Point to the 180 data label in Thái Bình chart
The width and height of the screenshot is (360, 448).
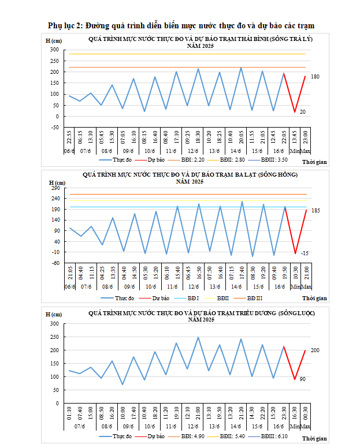315,77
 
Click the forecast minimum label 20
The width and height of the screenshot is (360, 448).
302,111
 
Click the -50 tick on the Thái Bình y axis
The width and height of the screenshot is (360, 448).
55,128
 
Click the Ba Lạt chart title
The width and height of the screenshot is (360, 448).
191,177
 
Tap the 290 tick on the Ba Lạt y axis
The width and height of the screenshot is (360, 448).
55,188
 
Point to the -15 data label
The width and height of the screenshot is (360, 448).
305,253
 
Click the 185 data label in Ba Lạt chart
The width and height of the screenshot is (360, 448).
316,211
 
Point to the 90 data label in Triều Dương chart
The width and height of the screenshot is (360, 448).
302,379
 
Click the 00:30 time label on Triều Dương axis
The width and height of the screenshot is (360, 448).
306,415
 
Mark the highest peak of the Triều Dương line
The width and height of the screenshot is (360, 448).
198,337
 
